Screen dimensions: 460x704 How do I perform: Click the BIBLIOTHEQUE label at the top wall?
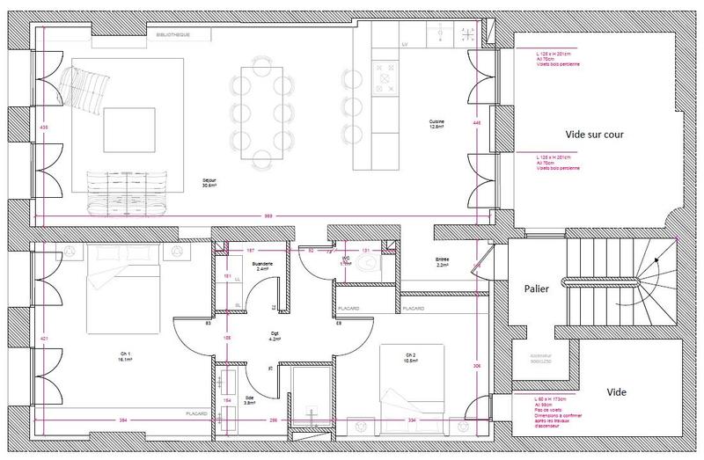(171, 35)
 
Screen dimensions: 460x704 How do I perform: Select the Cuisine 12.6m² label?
(436, 123)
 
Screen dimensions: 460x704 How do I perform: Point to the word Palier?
(537, 287)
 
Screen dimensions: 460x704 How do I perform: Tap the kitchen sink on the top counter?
(439, 33)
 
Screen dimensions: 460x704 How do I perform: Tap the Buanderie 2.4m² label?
(262, 266)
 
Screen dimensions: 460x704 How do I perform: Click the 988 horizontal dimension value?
(267, 216)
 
